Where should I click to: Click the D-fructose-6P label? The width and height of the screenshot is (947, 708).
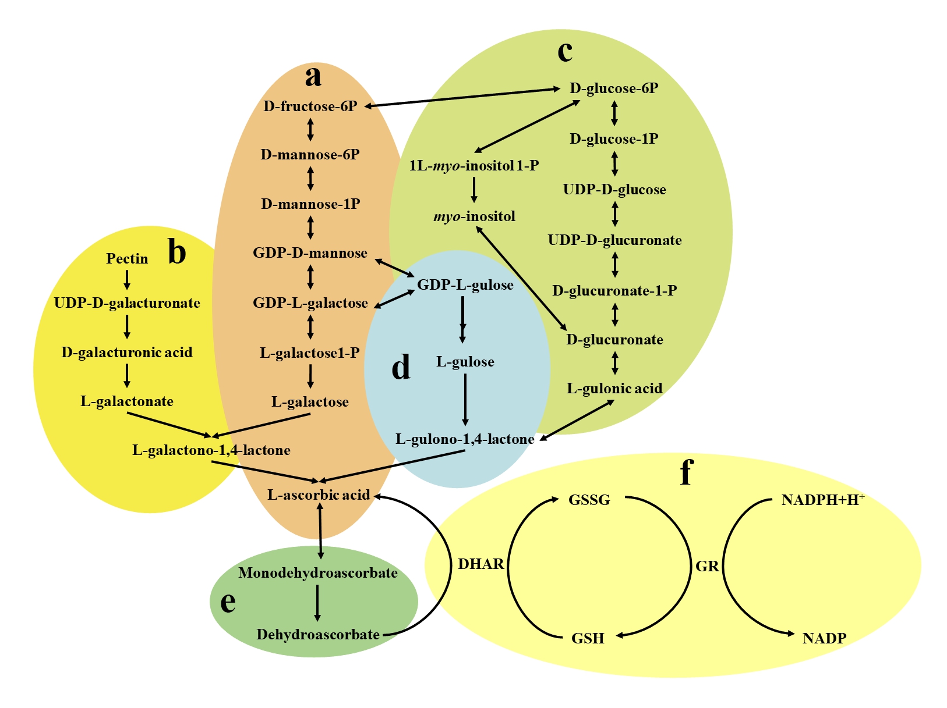pyautogui.click(x=310, y=106)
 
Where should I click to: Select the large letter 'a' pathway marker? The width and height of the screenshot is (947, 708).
pyautogui.click(x=313, y=76)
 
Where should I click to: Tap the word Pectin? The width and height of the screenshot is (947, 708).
pyautogui.click(x=127, y=259)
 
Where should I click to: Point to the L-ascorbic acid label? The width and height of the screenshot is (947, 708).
pyautogui.click(x=319, y=495)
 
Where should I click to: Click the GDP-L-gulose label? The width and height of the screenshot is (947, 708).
pyautogui.click(x=465, y=285)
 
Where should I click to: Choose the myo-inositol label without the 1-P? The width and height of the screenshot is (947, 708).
pyautogui.click(x=474, y=217)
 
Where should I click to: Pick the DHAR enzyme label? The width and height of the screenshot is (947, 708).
pyautogui.click(x=480, y=564)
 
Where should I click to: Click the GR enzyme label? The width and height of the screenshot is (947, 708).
pyautogui.click(x=707, y=566)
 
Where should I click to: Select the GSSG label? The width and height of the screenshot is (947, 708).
pyautogui.click(x=589, y=500)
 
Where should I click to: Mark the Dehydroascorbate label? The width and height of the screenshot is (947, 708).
pyautogui.click(x=318, y=635)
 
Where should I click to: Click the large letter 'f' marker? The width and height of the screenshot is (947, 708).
pyautogui.click(x=687, y=472)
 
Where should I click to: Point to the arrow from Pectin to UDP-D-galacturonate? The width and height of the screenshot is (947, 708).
pyautogui.click(x=127, y=280)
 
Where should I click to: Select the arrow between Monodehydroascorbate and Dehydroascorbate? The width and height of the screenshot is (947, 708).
pyautogui.click(x=317, y=603)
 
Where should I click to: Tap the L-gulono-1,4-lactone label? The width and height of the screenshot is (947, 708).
pyautogui.click(x=465, y=439)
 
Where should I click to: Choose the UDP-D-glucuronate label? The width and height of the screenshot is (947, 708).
pyautogui.click(x=614, y=240)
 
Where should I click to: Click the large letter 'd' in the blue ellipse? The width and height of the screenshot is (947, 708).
pyautogui.click(x=401, y=368)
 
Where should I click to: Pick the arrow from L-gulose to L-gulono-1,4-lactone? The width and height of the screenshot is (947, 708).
pyautogui.click(x=465, y=400)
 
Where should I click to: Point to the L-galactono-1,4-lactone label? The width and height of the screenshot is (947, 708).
pyautogui.click(x=211, y=450)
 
